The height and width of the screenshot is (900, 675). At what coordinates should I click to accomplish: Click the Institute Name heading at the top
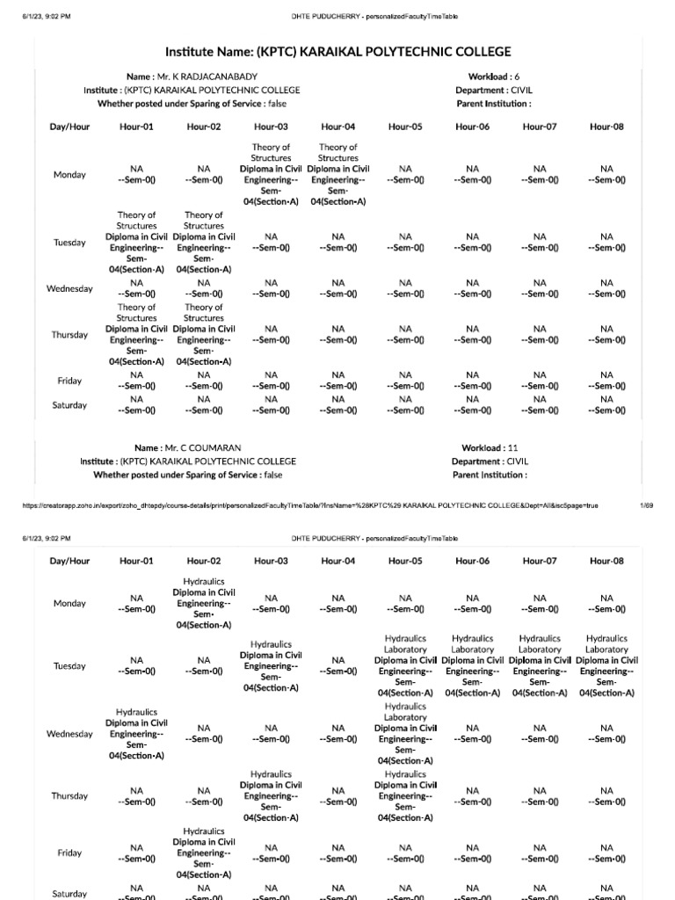click(x=337, y=52)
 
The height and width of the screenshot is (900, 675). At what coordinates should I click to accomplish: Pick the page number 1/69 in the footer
click(x=646, y=506)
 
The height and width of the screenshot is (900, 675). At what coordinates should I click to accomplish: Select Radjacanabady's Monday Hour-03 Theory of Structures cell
click(x=271, y=174)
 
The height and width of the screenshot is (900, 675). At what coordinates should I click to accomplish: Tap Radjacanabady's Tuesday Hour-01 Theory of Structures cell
click(x=136, y=242)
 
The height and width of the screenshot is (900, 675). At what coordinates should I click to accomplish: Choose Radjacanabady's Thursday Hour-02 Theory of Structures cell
click(x=204, y=335)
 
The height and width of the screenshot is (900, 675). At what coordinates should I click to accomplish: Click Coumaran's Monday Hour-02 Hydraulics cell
click(x=204, y=603)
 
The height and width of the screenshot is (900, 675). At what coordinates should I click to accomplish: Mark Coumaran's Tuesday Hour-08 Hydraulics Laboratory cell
click(x=606, y=665)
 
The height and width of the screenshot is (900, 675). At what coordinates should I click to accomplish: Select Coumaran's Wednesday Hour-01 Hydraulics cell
click(x=136, y=733)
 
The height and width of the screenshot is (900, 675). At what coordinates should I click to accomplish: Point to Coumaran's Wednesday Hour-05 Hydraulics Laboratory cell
click(x=405, y=733)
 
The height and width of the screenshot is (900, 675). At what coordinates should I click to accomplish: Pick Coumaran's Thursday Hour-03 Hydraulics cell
click(x=271, y=795)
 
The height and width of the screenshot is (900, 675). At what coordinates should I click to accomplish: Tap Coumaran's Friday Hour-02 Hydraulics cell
click(x=204, y=853)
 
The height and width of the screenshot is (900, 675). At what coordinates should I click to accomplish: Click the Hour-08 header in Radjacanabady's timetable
click(x=606, y=127)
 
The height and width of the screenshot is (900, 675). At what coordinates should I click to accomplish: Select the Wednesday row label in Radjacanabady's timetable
click(x=69, y=289)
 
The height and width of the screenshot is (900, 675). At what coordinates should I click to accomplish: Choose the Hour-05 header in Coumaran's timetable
click(x=405, y=561)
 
